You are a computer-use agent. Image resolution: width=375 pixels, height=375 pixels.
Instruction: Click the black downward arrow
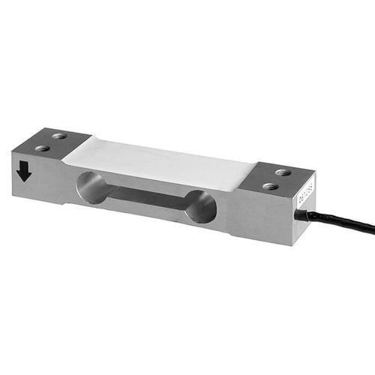click(x=24, y=172)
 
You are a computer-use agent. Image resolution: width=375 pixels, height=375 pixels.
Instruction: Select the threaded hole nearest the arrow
click(x=42, y=148)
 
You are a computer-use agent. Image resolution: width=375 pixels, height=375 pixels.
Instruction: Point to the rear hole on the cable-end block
click(x=283, y=172)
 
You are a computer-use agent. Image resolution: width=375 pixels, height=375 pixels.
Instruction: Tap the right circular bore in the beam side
click(x=200, y=206)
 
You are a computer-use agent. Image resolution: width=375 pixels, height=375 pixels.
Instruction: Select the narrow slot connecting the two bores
click(x=147, y=196)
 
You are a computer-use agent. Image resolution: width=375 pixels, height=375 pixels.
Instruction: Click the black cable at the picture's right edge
click(x=367, y=226)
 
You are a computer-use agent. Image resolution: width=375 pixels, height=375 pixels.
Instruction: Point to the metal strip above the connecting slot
click(x=150, y=181)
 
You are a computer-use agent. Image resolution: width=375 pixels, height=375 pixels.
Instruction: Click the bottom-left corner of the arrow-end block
click(x=13, y=190)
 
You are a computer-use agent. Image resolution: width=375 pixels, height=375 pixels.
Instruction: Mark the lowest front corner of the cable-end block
click(x=291, y=245)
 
